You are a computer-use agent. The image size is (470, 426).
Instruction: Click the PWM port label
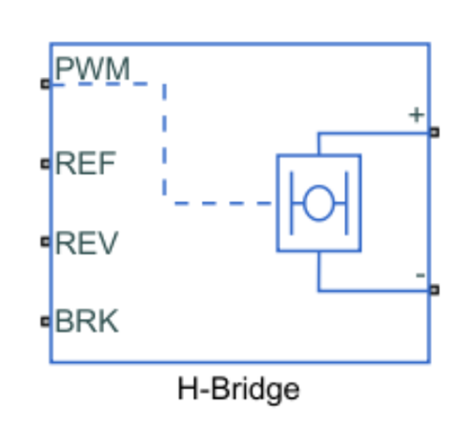click(x=92, y=69)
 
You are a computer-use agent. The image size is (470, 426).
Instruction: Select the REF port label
click(x=85, y=163)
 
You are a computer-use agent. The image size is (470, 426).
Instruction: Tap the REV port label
click(x=87, y=243)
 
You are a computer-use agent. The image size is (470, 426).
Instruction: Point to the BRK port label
click(x=87, y=321)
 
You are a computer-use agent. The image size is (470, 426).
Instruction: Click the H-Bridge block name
click(x=238, y=390)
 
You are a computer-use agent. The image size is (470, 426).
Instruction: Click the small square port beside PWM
click(x=46, y=84)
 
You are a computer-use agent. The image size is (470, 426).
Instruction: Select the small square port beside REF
click(x=46, y=164)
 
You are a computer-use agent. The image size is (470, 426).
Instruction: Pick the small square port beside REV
click(x=46, y=242)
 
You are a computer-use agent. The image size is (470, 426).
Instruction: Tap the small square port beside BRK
click(x=46, y=321)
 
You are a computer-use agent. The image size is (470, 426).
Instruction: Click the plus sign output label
click(x=417, y=115)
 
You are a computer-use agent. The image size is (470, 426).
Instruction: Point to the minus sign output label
click(x=420, y=275)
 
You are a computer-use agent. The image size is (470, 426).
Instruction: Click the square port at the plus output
click(x=435, y=132)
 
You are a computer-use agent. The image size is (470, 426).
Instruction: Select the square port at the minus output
click(x=435, y=290)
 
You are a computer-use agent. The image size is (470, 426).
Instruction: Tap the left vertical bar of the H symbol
click(x=292, y=203)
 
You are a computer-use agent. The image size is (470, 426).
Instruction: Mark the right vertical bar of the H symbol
click(x=347, y=203)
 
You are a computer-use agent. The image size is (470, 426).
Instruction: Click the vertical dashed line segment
click(x=164, y=140)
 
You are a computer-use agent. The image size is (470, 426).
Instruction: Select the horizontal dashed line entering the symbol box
click(x=222, y=203)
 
